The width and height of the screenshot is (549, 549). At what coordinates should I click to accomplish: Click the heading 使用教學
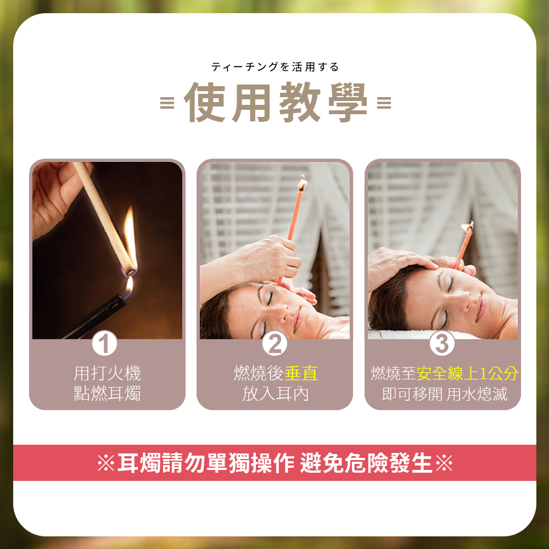[x=275, y=103]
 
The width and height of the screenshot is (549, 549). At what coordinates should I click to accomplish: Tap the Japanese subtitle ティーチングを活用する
[x=275, y=67]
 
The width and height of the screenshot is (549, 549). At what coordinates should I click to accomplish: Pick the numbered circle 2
[x=274, y=344]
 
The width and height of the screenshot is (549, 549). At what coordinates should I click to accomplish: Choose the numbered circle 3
[x=442, y=344]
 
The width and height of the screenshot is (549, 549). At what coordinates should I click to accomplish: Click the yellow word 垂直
[x=301, y=374]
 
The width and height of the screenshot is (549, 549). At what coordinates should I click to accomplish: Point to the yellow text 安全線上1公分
[x=467, y=374]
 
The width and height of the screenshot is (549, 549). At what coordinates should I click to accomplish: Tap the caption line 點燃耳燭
[x=107, y=394]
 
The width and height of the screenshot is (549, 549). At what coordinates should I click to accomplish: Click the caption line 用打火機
[x=107, y=374]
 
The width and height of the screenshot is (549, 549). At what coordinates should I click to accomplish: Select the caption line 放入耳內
[x=274, y=394]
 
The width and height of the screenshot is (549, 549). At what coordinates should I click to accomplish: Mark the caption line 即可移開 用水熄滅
[x=444, y=394]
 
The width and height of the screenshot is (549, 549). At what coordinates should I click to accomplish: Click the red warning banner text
[x=274, y=463]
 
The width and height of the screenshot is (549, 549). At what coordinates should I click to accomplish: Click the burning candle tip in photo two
[x=302, y=183]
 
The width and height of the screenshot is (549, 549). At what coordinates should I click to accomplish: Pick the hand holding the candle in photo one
[x=52, y=192]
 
